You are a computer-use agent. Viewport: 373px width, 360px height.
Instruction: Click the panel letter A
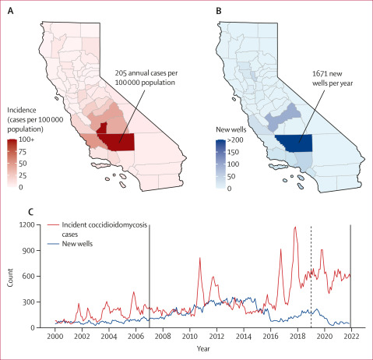[x=11, y=11]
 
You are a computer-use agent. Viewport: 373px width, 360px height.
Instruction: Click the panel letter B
[x=219, y=11]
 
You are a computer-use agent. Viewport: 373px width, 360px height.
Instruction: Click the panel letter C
[x=31, y=212]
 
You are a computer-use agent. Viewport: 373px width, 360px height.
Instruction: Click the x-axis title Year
[x=203, y=348]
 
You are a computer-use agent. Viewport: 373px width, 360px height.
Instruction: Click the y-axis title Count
[x=10, y=277]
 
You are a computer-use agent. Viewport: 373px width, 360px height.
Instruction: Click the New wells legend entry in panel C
[x=77, y=244]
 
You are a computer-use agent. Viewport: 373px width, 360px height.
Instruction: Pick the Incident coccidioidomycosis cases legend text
[x=104, y=229]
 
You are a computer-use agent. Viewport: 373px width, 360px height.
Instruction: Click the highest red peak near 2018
[x=295, y=227]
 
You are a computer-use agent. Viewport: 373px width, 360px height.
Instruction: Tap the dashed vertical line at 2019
[x=311, y=276]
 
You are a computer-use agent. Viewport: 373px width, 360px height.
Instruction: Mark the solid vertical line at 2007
[x=150, y=276]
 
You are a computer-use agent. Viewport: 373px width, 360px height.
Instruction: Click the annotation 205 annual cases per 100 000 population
[x=146, y=78]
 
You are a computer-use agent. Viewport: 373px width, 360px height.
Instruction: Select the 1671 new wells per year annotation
[x=333, y=78]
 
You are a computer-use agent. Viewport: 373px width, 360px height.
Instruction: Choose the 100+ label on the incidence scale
[x=26, y=139]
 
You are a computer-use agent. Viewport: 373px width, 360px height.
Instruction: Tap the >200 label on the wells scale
[x=235, y=140]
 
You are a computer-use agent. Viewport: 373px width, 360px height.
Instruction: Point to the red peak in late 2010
[x=200, y=258]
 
